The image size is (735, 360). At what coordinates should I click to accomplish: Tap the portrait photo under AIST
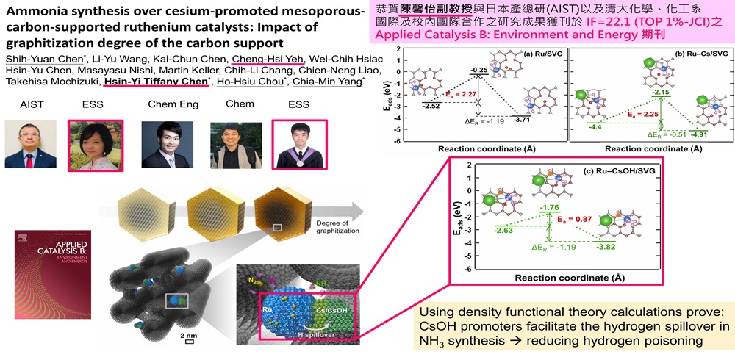tap(25, 144)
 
